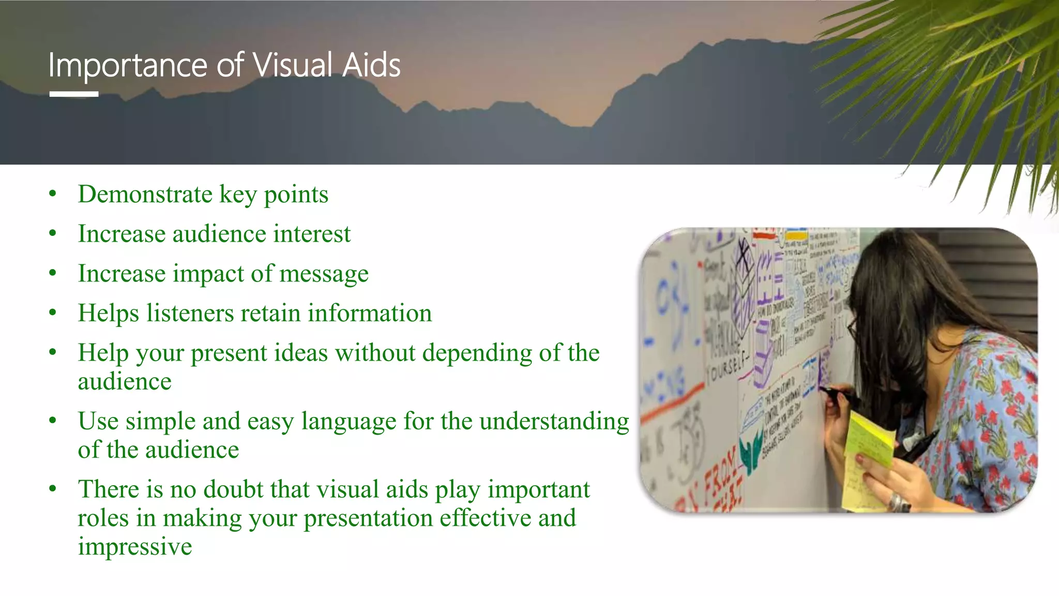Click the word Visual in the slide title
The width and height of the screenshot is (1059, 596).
(293, 66)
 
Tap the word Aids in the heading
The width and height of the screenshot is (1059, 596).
(371, 66)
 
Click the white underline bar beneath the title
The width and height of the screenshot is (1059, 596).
(74, 94)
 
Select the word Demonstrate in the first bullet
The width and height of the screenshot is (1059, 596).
(145, 195)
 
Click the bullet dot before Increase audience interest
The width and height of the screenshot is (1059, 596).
(52, 234)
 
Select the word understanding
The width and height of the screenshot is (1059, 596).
(554, 421)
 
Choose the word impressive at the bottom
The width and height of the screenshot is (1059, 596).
(135, 546)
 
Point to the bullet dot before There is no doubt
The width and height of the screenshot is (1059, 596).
(52, 489)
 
